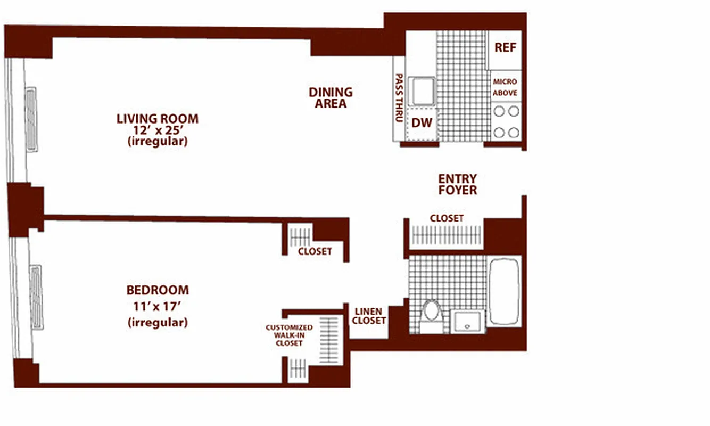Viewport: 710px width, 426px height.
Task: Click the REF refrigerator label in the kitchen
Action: point(505,47)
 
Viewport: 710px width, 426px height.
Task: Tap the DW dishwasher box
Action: point(422,123)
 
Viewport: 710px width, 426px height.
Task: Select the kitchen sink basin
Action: point(424,92)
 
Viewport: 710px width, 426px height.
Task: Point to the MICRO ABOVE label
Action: point(505,87)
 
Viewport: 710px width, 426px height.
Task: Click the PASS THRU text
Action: point(398,98)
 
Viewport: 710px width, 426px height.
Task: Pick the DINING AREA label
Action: point(331,98)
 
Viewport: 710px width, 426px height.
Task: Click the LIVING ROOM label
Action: point(157,118)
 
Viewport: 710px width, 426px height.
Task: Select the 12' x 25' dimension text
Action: point(157,130)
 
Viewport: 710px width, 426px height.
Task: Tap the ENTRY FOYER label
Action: point(457,184)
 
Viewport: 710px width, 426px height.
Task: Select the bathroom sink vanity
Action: point(468,322)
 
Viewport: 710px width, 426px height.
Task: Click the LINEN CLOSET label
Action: point(368,316)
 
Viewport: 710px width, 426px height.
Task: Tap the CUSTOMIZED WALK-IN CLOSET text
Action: point(289,335)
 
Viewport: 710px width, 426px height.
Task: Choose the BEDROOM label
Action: point(157,290)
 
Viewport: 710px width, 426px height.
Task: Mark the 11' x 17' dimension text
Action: point(157,306)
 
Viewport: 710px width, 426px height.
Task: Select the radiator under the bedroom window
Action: point(36,297)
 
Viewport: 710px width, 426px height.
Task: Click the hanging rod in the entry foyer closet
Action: point(447,235)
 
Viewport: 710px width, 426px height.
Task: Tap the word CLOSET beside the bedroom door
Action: point(315,251)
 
